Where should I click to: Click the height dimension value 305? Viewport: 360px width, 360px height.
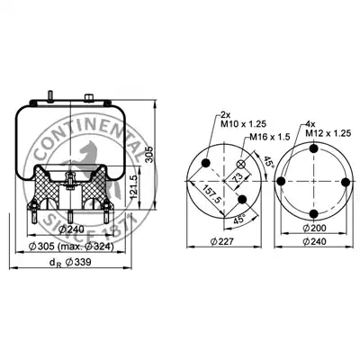point(150,155)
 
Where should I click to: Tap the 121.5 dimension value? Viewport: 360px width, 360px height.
point(134,187)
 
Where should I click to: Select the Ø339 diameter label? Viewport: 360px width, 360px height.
point(78,262)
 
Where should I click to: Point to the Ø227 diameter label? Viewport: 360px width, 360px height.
point(221,241)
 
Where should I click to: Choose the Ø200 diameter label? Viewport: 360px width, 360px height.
point(314,229)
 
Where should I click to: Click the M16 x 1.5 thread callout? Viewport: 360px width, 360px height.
point(268,138)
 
